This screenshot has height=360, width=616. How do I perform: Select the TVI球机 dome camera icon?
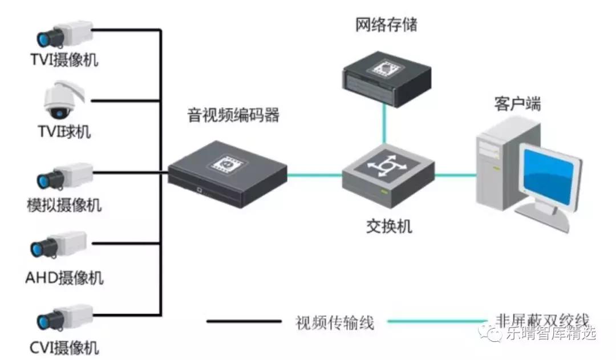point(64,100)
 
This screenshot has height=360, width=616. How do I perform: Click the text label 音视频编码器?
point(234,115)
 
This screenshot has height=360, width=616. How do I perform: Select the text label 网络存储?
point(386,25)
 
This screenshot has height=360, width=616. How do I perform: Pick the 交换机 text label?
point(388,226)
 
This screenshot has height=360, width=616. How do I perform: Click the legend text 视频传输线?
point(335,322)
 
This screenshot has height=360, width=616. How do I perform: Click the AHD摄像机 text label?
point(64,278)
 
